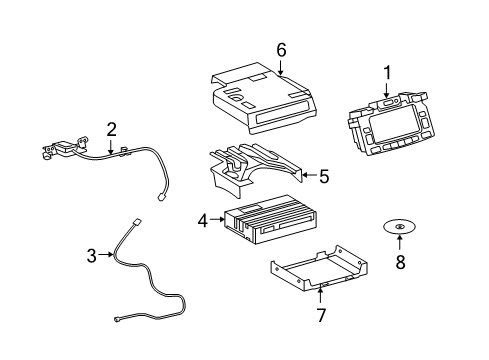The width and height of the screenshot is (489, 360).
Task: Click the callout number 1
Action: [x=387, y=73]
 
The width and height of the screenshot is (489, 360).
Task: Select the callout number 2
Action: [x=111, y=130]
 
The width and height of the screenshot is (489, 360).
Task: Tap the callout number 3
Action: [x=92, y=256]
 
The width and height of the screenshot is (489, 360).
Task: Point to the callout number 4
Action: [x=203, y=221]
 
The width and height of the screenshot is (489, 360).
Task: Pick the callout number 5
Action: [x=324, y=176]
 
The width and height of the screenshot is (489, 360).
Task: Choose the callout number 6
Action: [x=281, y=50]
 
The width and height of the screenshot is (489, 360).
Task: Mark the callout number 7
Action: [x=321, y=315]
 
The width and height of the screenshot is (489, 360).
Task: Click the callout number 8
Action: [x=400, y=262]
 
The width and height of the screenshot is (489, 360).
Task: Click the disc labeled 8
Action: [x=399, y=227]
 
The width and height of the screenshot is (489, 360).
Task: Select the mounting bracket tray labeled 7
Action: [x=319, y=268]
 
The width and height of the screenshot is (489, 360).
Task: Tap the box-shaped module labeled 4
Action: [x=271, y=219]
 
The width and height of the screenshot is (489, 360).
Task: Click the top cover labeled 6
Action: [x=263, y=98]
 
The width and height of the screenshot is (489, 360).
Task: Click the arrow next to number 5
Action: [x=309, y=175]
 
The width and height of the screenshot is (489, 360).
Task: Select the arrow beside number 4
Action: [x=218, y=219]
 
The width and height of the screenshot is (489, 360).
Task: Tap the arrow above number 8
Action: [x=399, y=242]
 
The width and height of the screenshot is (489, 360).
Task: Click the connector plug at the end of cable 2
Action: [x=161, y=198]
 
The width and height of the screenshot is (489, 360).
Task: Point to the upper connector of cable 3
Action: [x=137, y=222]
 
